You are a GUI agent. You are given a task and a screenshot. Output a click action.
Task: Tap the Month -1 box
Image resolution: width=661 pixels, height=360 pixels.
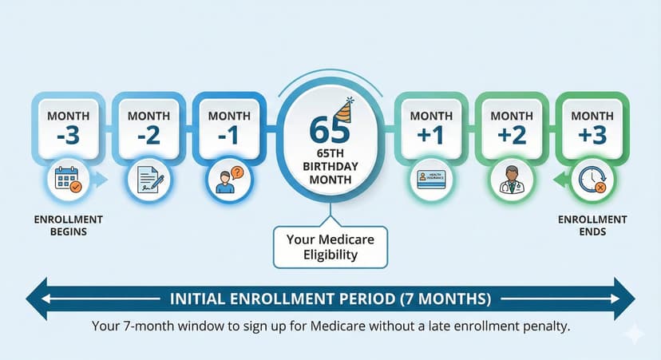point(229,126)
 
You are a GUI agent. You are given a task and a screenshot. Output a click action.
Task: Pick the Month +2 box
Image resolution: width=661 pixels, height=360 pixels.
point(511,126)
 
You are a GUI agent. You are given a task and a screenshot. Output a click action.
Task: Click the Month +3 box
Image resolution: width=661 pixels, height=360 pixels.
point(592,126)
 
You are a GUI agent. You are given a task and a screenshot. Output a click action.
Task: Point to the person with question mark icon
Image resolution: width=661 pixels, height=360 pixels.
point(228,179)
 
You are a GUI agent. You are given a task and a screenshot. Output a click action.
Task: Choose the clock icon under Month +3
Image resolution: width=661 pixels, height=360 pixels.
point(592,180)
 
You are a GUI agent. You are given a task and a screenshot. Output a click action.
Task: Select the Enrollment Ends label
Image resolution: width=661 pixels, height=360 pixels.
point(592,225)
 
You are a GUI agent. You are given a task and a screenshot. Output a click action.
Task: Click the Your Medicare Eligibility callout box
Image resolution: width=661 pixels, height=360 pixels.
point(330,246)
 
